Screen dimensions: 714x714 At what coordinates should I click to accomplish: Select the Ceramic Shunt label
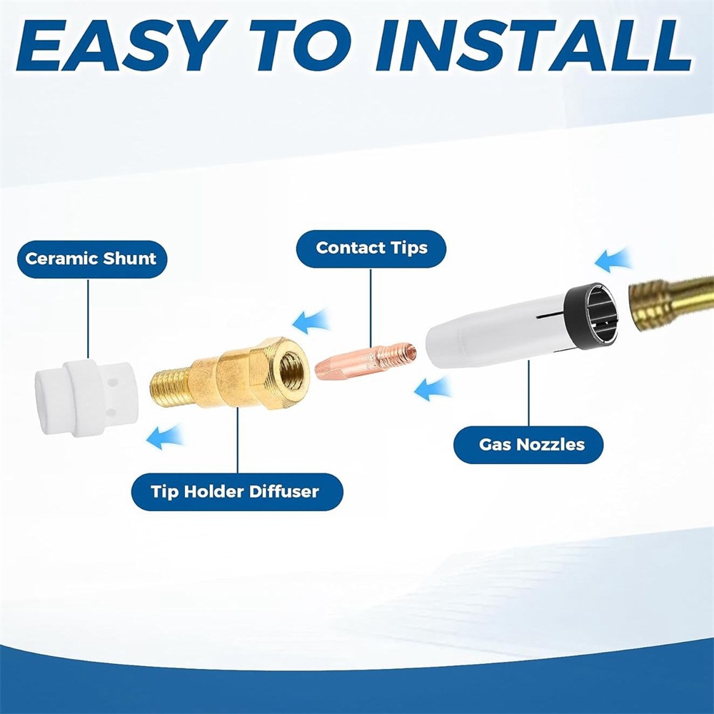[x=92, y=259]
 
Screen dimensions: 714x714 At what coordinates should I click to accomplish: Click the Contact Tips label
[x=371, y=248]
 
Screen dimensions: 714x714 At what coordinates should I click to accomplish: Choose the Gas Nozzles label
[x=528, y=445]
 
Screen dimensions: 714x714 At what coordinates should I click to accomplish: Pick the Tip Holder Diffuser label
[x=237, y=492]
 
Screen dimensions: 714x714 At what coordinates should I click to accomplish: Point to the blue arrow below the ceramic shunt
[x=164, y=438]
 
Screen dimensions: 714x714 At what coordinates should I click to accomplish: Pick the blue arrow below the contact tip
[x=433, y=389]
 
